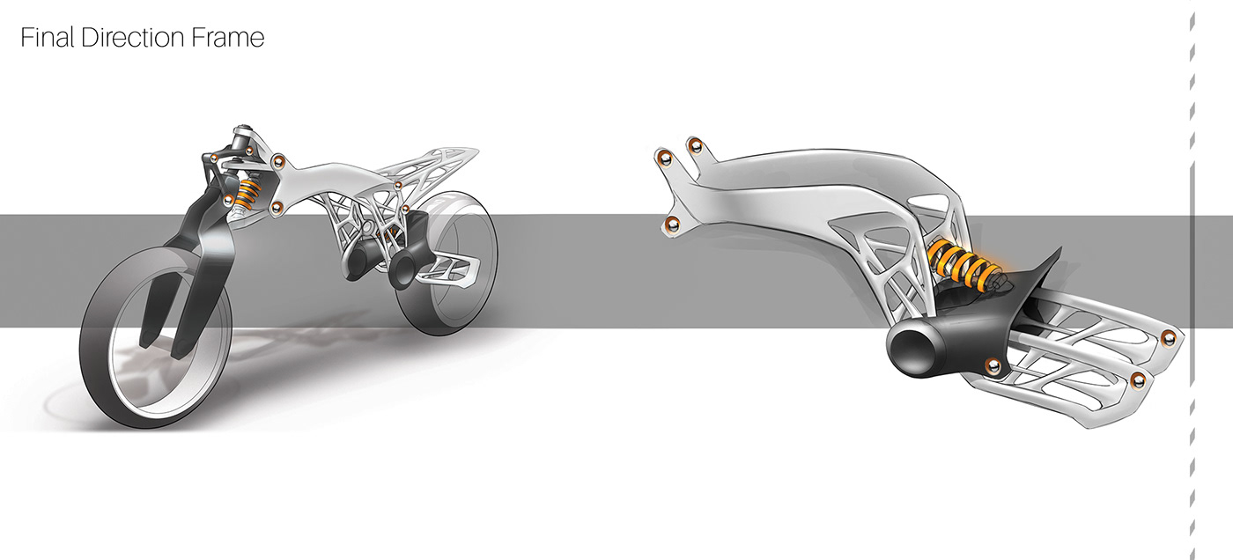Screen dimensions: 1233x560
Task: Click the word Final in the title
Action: tap(48, 38)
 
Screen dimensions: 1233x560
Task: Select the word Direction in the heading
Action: tap(133, 38)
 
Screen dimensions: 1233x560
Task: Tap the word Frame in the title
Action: tap(228, 38)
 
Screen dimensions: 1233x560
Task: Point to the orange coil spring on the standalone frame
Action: tap(964, 262)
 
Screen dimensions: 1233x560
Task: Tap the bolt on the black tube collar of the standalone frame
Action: tap(993, 365)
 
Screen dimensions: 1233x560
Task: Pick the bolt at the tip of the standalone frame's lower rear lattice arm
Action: tap(1138, 379)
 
